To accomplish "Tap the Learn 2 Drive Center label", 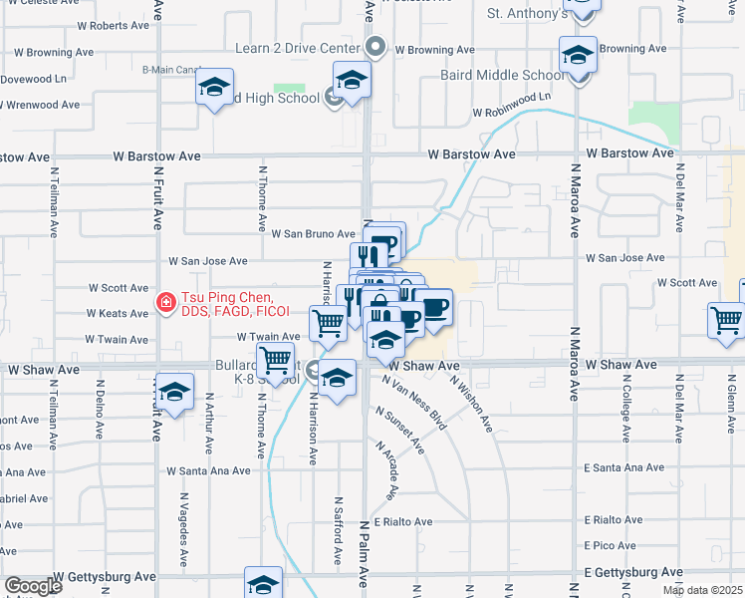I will (x=297, y=48).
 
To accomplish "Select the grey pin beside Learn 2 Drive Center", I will (x=375, y=47).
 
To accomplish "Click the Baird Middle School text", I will (x=502, y=75).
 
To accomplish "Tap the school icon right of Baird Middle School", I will (x=577, y=56).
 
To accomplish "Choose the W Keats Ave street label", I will (x=119, y=313).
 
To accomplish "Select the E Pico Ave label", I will (x=610, y=545).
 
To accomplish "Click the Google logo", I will (x=33, y=586).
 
